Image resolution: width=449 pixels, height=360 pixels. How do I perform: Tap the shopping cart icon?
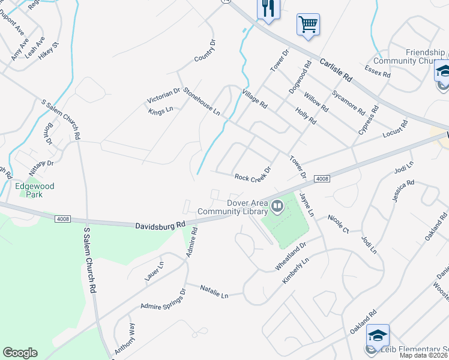click(x=308, y=25)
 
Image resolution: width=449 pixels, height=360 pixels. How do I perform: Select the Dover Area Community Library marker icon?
click(x=277, y=207)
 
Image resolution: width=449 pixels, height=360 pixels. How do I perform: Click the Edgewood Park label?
click(x=35, y=190)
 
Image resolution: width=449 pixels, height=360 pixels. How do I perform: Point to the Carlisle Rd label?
click(x=336, y=70)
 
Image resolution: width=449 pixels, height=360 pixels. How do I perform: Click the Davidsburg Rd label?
click(x=160, y=225)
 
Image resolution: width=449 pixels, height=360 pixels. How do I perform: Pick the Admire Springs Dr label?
click(x=163, y=299)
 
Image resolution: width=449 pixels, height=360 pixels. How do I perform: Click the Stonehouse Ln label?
click(x=202, y=100)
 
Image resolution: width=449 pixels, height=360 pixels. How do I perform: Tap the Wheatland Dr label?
click(x=291, y=256)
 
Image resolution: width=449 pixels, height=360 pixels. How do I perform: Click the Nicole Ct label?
click(x=339, y=223)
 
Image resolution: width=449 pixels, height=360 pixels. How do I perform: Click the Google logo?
click(x=20, y=353)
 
